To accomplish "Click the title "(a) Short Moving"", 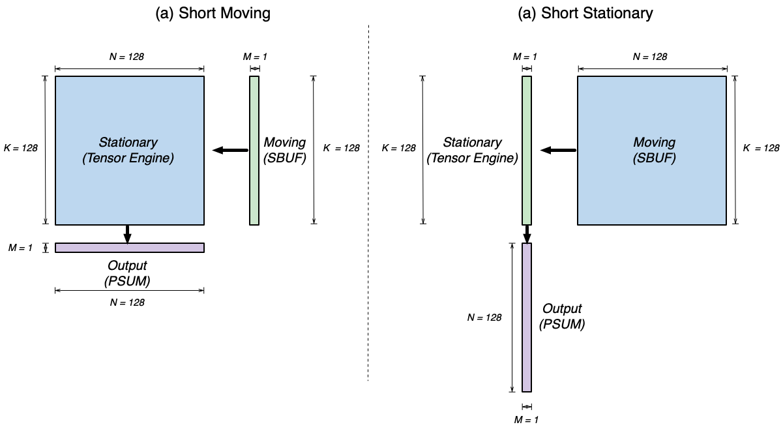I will pos(213,14).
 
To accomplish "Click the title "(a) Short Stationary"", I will pos(585,14).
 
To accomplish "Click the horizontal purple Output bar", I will pos(130,248).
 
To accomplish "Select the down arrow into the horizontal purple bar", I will pos(127,233).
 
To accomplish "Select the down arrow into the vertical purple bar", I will pos(527,233).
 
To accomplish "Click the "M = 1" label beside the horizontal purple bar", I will pos(26,248).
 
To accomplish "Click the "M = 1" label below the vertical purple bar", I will pos(527,420).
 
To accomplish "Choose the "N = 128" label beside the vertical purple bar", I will pos(484,318).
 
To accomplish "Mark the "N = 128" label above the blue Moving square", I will pos(650,57).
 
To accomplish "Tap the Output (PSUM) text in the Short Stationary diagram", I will pos(562,316).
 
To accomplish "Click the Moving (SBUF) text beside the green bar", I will pos(284,150).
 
